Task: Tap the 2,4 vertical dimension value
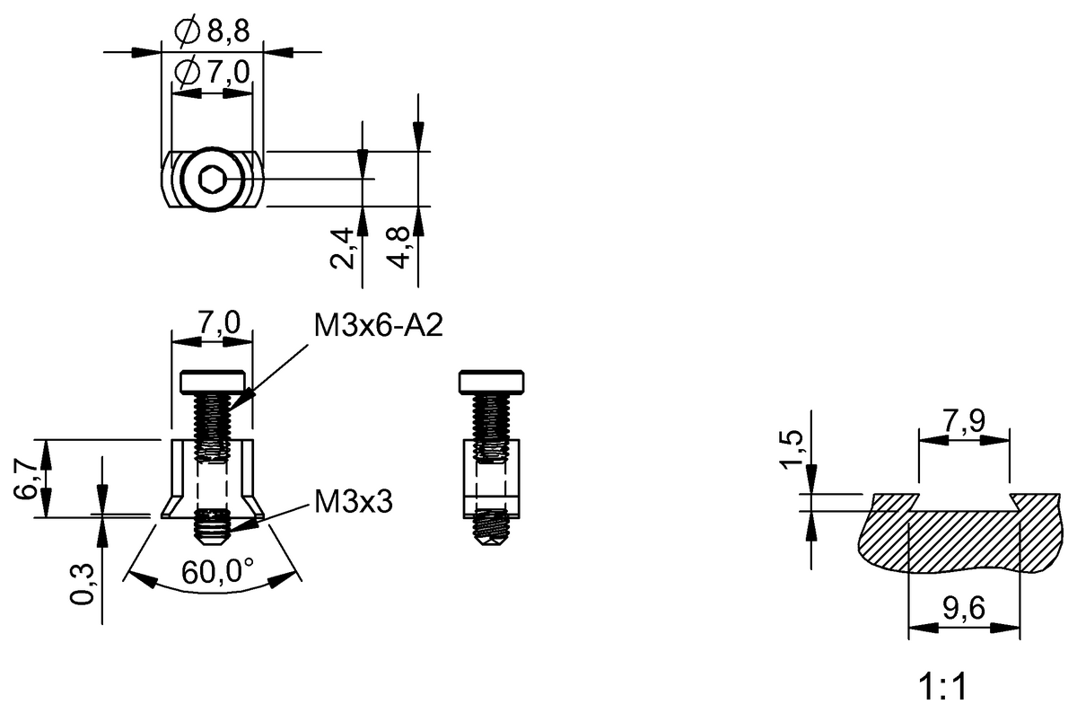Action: [342, 249]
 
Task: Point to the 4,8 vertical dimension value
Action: [400, 246]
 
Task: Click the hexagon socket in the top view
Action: [212, 180]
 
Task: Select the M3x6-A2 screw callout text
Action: [378, 326]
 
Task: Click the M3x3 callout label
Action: [353, 502]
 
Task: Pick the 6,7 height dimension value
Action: [28, 479]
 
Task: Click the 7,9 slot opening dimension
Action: [964, 419]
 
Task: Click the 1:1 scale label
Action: [942, 689]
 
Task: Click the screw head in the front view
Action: [213, 382]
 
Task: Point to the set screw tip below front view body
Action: [213, 528]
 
